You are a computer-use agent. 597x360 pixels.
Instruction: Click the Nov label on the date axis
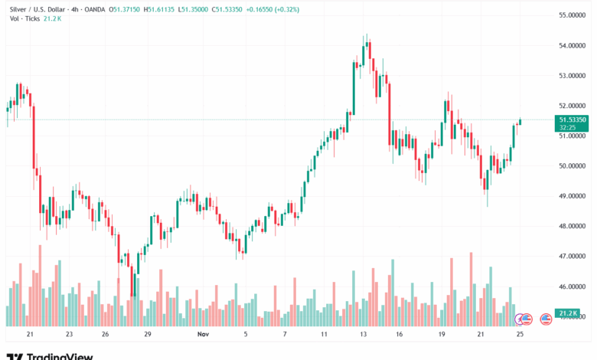(x=203, y=334)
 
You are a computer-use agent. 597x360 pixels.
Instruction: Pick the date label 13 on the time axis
(x=364, y=334)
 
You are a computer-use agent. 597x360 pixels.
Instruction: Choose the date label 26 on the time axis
(x=106, y=334)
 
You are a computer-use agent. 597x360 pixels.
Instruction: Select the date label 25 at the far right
(x=520, y=334)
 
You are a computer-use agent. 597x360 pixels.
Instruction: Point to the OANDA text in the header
(x=95, y=9)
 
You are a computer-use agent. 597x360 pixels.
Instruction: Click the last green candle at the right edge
(x=520, y=121)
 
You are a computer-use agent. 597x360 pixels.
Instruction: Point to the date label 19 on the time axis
(x=442, y=334)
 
